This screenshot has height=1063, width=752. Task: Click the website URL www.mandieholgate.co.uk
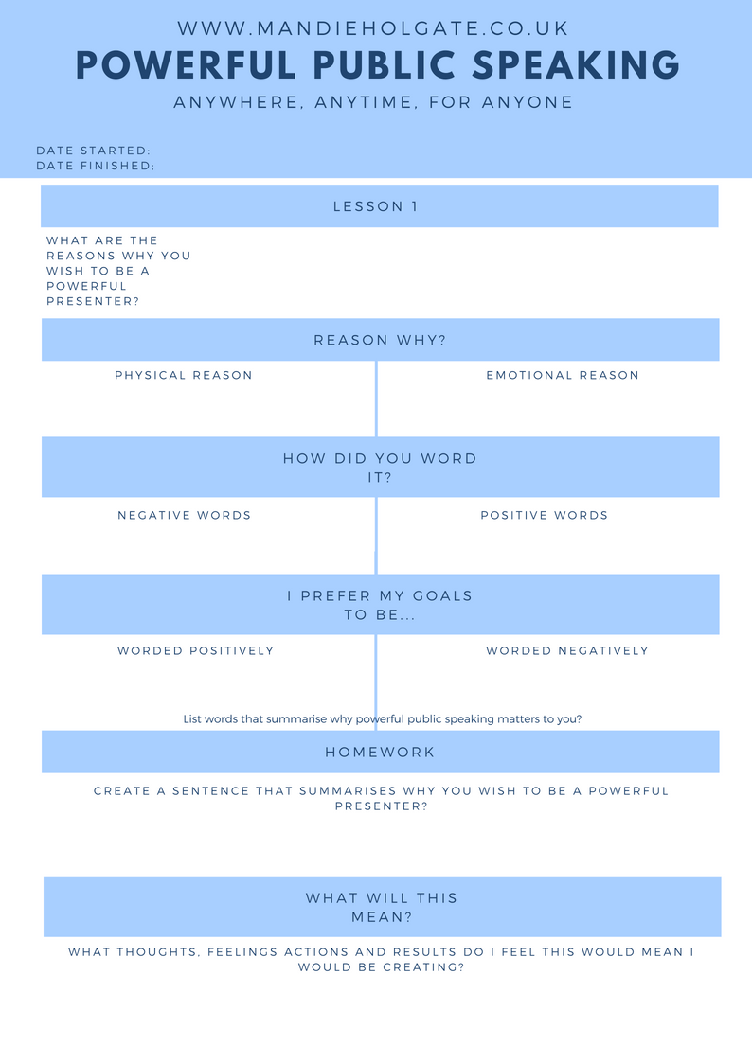373,28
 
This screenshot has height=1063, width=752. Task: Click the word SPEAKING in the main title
576,65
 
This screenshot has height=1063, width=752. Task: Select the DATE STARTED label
93,151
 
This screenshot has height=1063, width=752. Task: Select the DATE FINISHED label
95,166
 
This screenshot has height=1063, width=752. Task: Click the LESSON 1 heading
376,206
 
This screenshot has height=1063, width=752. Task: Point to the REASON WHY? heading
380,340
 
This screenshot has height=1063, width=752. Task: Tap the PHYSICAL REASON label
183,375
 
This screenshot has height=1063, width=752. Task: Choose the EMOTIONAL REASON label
563,375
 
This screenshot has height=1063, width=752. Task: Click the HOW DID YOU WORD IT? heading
380,468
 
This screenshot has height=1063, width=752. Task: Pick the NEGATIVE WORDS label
184,515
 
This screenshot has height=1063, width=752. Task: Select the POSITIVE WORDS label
544,515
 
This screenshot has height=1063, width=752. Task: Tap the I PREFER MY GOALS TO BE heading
380,606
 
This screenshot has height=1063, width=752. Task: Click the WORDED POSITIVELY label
195,651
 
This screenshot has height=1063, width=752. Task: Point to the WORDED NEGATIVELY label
567,651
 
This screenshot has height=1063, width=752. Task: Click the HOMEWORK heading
380,752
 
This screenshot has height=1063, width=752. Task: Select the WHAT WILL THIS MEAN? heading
381,907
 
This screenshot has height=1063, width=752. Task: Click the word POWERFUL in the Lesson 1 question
86,286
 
